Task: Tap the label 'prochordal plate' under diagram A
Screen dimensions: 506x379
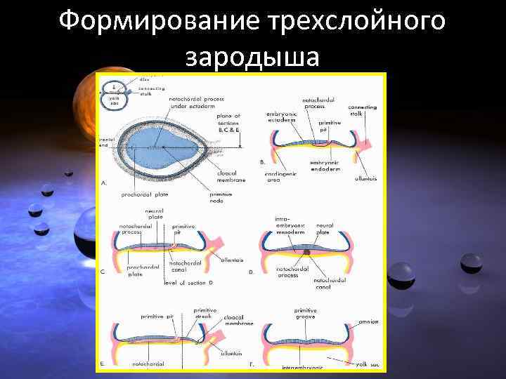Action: pyautogui.click(x=143, y=194)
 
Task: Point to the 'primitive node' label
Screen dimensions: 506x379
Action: pyautogui.click(x=223, y=198)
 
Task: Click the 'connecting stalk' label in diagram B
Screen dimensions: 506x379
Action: pyautogui.click(x=362, y=110)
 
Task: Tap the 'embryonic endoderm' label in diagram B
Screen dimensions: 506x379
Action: pyautogui.click(x=324, y=168)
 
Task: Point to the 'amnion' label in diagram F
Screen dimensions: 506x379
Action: pyautogui.click(x=368, y=321)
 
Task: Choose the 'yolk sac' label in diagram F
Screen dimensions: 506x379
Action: pyautogui.click(x=366, y=364)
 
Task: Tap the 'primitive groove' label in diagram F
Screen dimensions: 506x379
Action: pyautogui.click(x=305, y=313)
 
